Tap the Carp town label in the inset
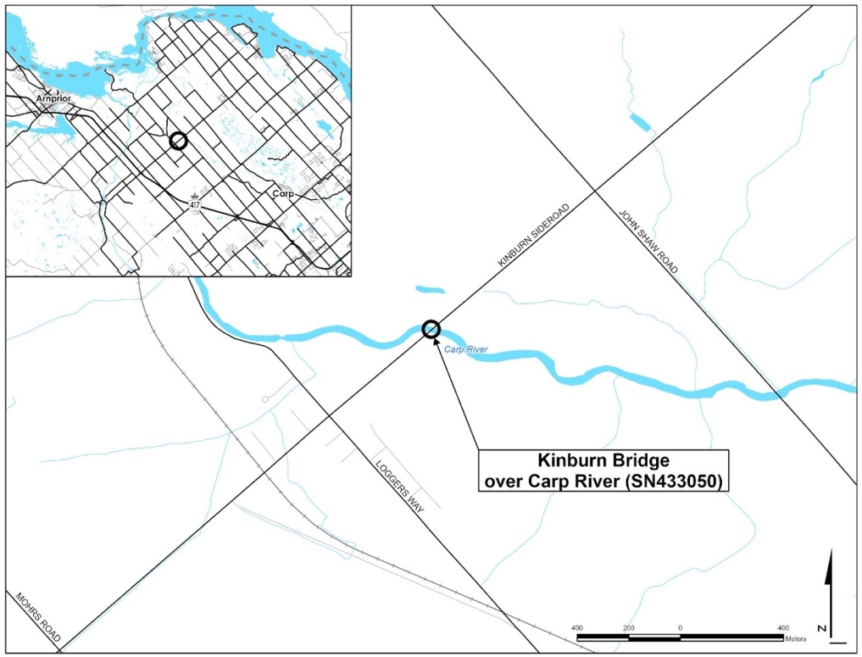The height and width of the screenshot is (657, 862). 283,194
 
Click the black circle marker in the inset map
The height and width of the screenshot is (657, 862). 177,141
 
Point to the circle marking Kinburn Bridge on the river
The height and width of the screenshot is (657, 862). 431,329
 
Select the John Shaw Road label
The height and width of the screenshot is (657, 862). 649,242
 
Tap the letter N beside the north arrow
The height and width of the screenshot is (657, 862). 822,628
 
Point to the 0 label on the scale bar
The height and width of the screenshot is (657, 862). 681,627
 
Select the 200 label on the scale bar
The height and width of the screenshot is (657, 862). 628,627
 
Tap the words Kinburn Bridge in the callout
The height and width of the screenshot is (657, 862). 592,461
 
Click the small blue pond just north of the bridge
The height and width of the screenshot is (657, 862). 430,290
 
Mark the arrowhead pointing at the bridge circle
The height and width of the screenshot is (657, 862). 437,341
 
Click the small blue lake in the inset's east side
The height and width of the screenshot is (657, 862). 325,129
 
